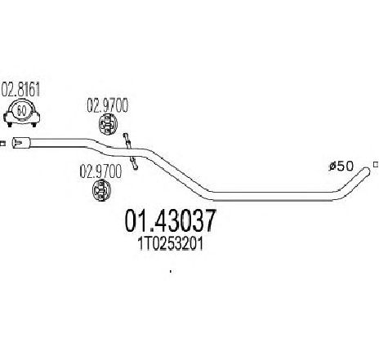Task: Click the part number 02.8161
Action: [x=20, y=89]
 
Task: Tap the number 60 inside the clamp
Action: [x=21, y=111]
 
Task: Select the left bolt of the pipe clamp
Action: [x=10, y=125]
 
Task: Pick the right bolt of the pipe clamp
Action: [x=34, y=125]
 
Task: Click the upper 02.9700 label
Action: [x=107, y=105]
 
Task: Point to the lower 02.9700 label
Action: [x=100, y=171]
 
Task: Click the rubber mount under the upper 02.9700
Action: [x=108, y=125]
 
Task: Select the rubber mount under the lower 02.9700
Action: [x=100, y=190]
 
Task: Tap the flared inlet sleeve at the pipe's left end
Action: [x=21, y=143]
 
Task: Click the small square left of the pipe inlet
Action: [x=2, y=144]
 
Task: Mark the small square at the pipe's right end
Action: [x=376, y=164]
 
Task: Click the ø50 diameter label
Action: [x=341, y=166]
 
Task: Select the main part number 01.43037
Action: [x=170, y=220]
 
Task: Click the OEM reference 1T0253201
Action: [x=171, y=244]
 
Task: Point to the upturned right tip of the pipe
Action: [x=366, y=171]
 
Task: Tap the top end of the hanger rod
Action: [x=125, y=135]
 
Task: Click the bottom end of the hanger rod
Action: [x=136, y=167]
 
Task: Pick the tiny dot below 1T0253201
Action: [x=171, y=271]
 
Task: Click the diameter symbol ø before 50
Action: [x=332, y=166]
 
